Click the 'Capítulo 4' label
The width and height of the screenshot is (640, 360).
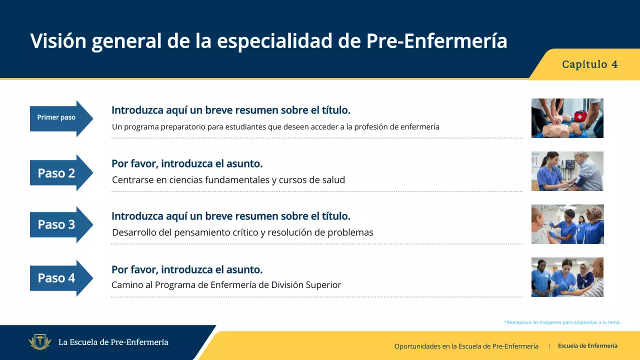pyautogui.click(x=589, y=64)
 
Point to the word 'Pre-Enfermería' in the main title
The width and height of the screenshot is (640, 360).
pyautogui.click(x=436, y=41)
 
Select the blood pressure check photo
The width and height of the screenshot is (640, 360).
pyautogui.click(x=567, y=171)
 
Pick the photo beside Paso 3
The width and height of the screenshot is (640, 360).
pyautogui.click(x=567, y=224)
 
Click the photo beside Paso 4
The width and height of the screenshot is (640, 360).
pyautogui.click(x=567, y=277)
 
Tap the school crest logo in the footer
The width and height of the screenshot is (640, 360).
pyautogui.click(x=40, y=342)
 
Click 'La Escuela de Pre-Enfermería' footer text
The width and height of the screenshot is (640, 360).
pyautogui.click(x=113, y=342)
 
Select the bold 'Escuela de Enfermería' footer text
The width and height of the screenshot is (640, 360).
pyautogui.click(x=587, y=346)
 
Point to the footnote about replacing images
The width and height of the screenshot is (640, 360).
pyautogui.click(x=562, y=322)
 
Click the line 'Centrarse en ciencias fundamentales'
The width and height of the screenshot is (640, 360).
pyautogui.click(x=228, y=180)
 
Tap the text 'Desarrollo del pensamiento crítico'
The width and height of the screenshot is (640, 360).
pyautogui.click(x=242, y=232)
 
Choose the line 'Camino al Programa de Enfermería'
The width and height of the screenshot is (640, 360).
pyautogui.click(x=226, y=285)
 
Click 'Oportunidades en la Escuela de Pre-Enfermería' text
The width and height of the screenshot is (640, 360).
pyautogui.click(x=466, y=346)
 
